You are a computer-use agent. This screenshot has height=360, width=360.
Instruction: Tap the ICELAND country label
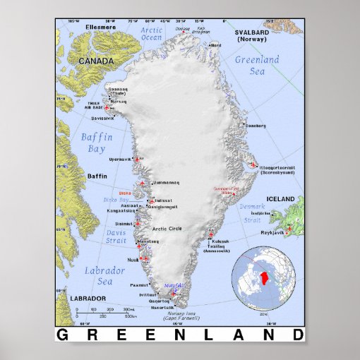[280, 199]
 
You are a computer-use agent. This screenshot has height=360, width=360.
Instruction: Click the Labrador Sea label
[100, 276]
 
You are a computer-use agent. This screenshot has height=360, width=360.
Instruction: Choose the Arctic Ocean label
[151, 34]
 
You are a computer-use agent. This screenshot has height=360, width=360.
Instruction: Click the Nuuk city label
[132, 259]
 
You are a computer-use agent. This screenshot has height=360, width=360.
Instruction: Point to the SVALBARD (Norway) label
[251, 36]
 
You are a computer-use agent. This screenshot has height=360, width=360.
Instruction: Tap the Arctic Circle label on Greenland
[172, 228]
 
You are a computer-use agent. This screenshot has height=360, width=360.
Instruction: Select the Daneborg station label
[255, 126]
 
